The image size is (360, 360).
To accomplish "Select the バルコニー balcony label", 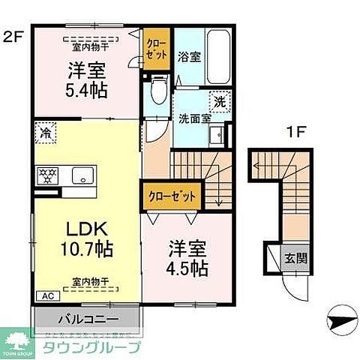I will point(86,318).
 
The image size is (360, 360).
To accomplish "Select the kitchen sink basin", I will point(80,175).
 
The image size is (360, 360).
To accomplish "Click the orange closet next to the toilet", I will point(156,52).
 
